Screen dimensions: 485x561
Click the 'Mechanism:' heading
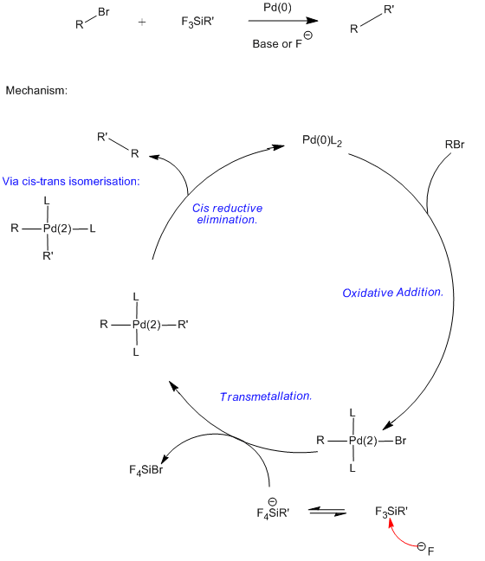36,91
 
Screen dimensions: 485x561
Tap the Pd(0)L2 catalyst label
322,140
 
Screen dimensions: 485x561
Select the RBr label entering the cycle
455,145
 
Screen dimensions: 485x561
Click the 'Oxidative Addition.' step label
392,293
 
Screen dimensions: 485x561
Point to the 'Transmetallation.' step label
266,397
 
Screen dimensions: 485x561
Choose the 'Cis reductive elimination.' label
227,214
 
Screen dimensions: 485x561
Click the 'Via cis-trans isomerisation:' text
71,182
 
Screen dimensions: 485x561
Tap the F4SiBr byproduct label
146,470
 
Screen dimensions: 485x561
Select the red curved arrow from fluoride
399,538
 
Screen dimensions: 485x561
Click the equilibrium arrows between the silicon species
327,512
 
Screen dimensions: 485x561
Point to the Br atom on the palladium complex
400,441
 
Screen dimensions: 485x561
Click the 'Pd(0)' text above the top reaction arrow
277,7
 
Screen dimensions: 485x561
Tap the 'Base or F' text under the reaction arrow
277,44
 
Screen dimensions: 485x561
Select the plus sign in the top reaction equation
142,23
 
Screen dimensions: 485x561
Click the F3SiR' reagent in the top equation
197,22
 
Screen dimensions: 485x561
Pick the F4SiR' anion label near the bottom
273,513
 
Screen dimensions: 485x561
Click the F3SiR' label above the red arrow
391,512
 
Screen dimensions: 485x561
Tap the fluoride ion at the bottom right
426,549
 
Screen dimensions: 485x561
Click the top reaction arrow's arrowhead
313,21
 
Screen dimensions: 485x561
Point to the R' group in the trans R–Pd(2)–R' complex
183,325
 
